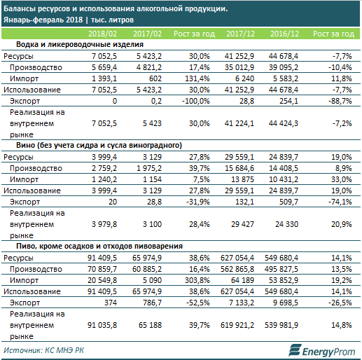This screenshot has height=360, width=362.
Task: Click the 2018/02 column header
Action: [x=102, y=34]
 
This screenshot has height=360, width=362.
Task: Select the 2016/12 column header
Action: [x=284, y=34]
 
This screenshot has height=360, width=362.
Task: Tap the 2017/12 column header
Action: [x=240, y=34]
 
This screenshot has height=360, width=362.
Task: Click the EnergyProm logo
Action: [x=322, y=351]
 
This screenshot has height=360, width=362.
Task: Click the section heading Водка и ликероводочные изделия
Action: [x=80, y=44]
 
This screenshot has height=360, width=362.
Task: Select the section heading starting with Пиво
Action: [x=99, y=246]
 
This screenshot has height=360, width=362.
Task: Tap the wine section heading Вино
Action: [x=99, y=145]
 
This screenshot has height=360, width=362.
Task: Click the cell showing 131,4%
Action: [x=197, y=78]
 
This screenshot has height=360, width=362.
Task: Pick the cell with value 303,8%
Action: [x=197, y=280]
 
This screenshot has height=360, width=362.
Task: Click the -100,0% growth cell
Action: [x=196, y=101]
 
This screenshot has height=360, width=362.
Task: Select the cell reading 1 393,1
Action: [x=104, y=78]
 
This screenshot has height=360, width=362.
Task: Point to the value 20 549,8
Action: [x=102, y=280]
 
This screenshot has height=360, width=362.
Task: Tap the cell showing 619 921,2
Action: [x=237, y=325]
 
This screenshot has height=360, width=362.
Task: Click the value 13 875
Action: [x=242, y=179]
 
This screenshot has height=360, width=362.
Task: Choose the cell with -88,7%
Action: [x=340, y=101]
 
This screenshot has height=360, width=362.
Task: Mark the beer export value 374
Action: [x=111, y=303]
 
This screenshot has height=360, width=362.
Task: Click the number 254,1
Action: [x=288, y=101]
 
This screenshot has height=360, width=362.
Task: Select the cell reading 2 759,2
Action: [x=104, y=168]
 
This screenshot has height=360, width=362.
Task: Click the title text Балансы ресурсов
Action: [x=36, y=9]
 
